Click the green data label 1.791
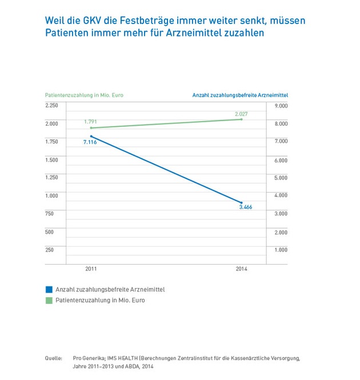tap(90, 122)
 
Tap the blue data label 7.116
tap(90, 142)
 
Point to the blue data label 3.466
tap(245, 207)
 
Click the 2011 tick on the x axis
tap(91, 268)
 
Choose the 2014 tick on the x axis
tap(241, 268)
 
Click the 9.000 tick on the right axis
tap(281, 106)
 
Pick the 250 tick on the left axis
tap(50, 250)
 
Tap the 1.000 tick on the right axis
tap(281, 250)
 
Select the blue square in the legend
tap(49, 290)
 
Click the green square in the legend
tap(49, 300)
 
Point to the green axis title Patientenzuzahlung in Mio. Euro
tap(84, 95)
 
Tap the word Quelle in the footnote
tap(54, 358)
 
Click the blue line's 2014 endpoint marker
tap(242, 202)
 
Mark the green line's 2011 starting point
tap(91, 128)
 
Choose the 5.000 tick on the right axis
tap(281, 178)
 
